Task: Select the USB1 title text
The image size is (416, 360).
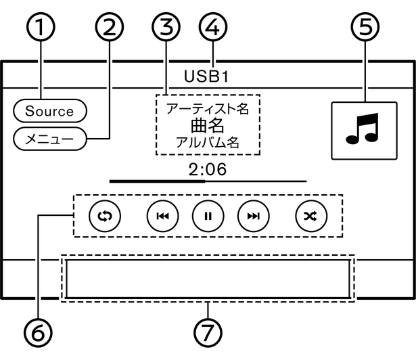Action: click(x=206, y=75)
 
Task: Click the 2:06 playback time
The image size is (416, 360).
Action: click(x=208, y=169)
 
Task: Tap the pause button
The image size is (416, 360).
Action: click(x=208, y=216)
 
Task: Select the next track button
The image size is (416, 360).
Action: click(x=252, y=216)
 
